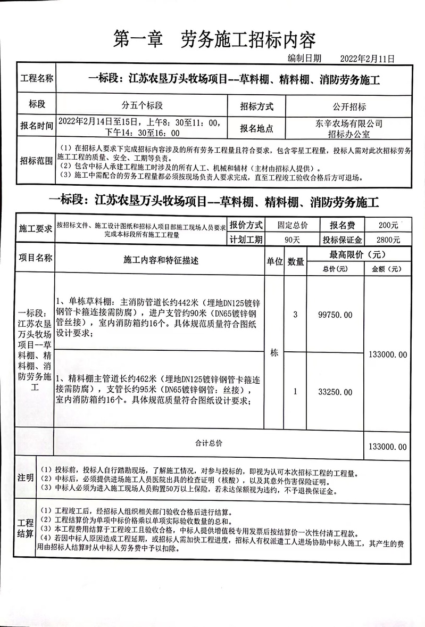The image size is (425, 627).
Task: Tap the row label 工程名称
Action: tap(37, 79)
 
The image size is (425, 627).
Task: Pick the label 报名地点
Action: tap(256, 128)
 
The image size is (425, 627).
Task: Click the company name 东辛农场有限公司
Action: tap(348, 123)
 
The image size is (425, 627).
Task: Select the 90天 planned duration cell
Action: tap(293, 240)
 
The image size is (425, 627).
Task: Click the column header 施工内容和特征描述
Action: tap(160, 261)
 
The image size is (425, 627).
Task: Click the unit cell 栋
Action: tap(274, 352)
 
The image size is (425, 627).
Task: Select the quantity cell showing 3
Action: tap(296, 315)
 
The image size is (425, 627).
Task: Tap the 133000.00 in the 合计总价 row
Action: tap(387, 447)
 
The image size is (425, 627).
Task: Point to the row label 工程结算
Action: tap(26, 528)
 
